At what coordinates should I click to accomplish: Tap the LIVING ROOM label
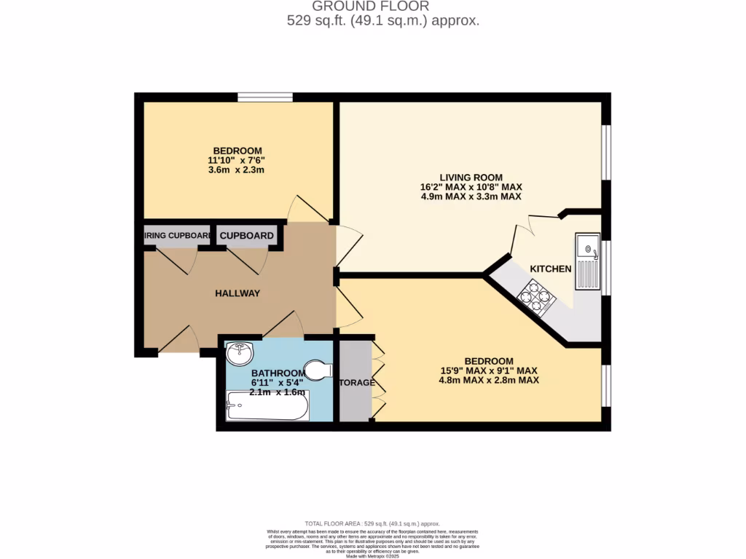tap(471, 177)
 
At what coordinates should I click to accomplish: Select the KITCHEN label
tap(550, 269)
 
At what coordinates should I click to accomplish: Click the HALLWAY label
tap(237, 293)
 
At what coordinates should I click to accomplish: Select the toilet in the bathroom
tap(318, 370)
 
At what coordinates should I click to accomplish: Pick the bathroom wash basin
tap(240, 354)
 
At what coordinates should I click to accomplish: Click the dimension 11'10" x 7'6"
tap(237, 161)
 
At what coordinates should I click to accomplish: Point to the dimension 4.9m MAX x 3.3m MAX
tap(471, 197)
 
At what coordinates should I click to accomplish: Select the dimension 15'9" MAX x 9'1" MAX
tap(488, 370)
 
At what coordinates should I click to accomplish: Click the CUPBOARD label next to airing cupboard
tap(247, 236)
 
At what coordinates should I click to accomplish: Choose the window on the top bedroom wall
tap(265, 97)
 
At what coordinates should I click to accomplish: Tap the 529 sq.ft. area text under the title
tap(383, 21)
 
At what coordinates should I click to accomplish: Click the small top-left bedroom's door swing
tap(303, 210)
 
